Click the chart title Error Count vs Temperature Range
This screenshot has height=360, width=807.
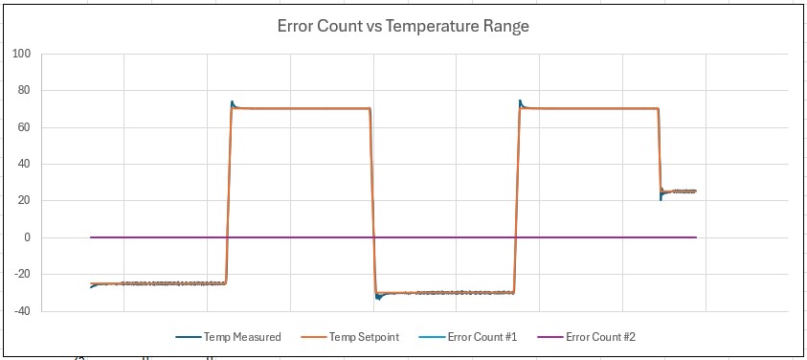point(403,27)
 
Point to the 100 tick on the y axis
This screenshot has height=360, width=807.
point(22,55)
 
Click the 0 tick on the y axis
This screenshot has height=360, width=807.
point(28,237)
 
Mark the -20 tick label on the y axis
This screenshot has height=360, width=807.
point(22,274)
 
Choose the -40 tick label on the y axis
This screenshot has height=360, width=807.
point(22,310)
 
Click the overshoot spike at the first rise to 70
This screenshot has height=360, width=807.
point(233,102)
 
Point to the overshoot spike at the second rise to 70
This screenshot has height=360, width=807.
point(521,101)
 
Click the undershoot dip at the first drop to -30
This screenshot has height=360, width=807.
point(378,298)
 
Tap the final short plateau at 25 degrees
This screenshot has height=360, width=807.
point(680,191)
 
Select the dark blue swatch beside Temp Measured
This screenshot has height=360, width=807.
point(188,337)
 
